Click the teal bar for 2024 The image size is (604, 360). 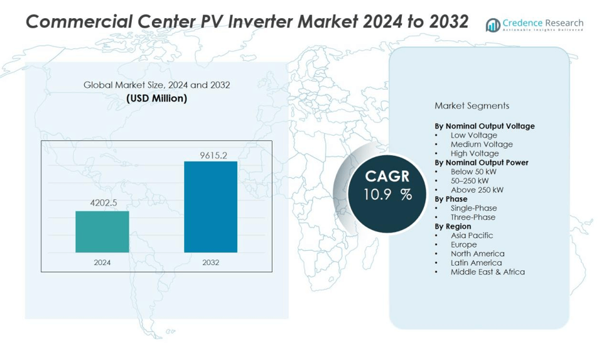[x=102, y=231]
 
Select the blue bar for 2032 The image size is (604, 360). [x=210, y=207]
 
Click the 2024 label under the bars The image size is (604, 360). [x=102, y=263]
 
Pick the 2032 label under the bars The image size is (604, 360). [x=211, y=263]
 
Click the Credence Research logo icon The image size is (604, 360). [x=493, y=25]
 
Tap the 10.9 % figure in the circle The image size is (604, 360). [x=387, y=195]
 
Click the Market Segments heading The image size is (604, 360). [x=472, y=106]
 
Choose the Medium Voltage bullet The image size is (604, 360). [x=481, y=145]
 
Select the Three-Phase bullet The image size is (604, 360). [x=473, y=217]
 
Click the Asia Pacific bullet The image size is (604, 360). [x=472, y=236]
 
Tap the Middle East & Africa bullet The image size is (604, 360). [x=487, y=272]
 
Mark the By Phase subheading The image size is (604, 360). [x=451, y=199]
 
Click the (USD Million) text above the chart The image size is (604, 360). [x=156, y=99]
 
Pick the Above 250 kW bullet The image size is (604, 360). [x=477, y=190]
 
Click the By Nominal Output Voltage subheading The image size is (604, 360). [x=485, y=126]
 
